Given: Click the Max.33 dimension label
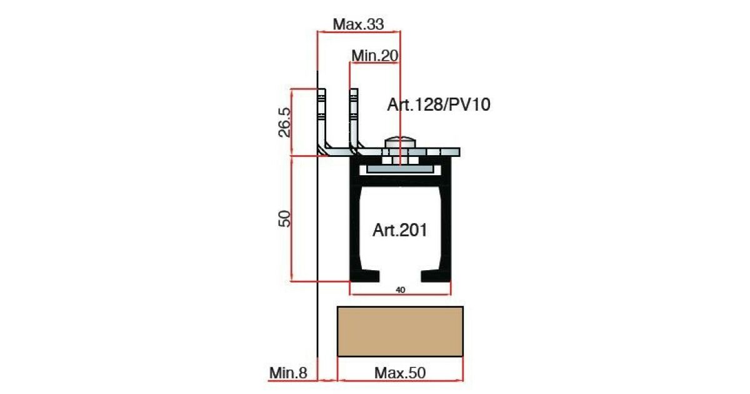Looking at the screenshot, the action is click(x=358, y=24).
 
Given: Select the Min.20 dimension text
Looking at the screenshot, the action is click(x=375, y=56).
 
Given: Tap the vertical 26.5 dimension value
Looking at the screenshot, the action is click(x=284, y=123).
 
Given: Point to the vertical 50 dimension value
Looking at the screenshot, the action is click(x=284, y=218).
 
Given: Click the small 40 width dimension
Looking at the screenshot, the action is click(x=401, y=290).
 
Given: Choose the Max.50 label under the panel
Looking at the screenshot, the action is click(x=400, y=373).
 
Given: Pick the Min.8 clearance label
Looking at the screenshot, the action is click(x=288, y=373).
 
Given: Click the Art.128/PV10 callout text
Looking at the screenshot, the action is click(x=439, y=104).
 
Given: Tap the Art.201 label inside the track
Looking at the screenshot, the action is click(x=400, y=230).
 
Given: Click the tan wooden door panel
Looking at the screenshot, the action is click(x=400, y=331).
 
